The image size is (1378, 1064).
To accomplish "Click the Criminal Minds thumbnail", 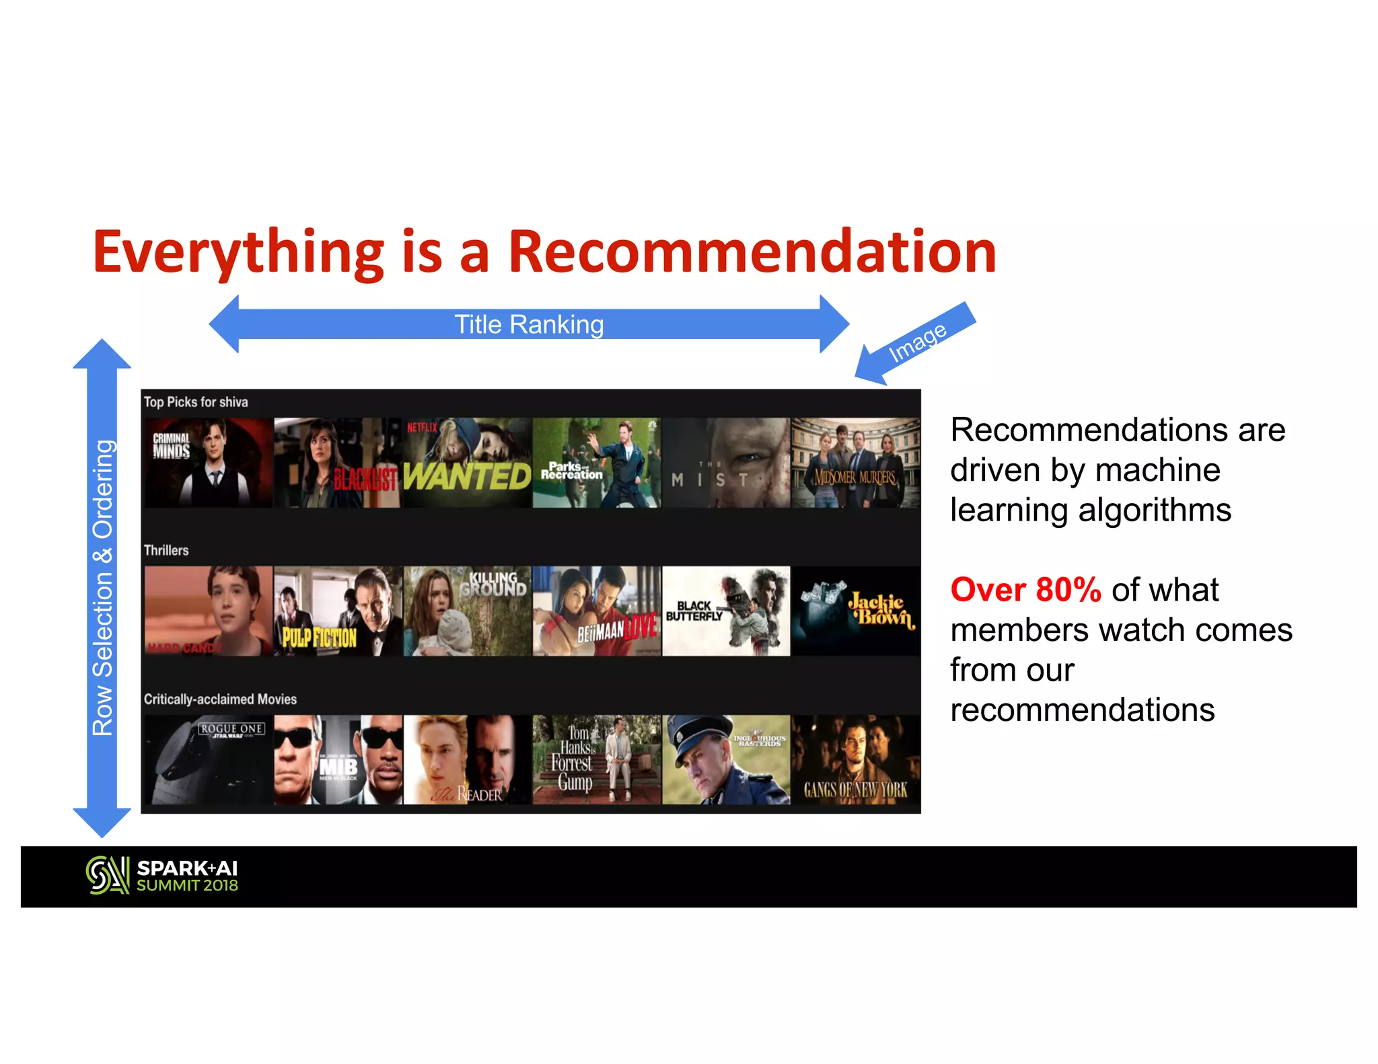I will point(209,463).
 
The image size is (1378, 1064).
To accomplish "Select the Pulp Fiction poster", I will point(338,611).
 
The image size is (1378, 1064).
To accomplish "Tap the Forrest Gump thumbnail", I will point(596,759).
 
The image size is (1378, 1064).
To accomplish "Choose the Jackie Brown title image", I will point(855,611).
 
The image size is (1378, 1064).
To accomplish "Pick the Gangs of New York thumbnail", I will point(855,759).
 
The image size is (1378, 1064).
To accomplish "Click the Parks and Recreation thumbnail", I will point(596,463).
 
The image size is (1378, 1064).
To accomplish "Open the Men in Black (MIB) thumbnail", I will point(338,759).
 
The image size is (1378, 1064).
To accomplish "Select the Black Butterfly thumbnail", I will point(726,611).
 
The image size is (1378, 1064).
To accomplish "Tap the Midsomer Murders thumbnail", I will point(855,463).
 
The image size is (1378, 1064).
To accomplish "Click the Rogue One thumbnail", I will point(209,759).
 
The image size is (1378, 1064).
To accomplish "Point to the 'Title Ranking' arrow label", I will point(529,325).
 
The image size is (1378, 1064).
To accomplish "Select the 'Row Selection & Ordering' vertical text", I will point(102,588).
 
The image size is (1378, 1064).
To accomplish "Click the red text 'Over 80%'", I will point(1025,590).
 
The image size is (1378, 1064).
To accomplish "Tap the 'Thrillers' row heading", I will point(166,550).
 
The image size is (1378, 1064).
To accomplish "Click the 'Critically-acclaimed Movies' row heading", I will point(220,699).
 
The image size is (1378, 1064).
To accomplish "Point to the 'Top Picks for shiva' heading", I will point(196,402).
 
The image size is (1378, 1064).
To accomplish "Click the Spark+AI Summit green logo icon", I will point(107,875).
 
